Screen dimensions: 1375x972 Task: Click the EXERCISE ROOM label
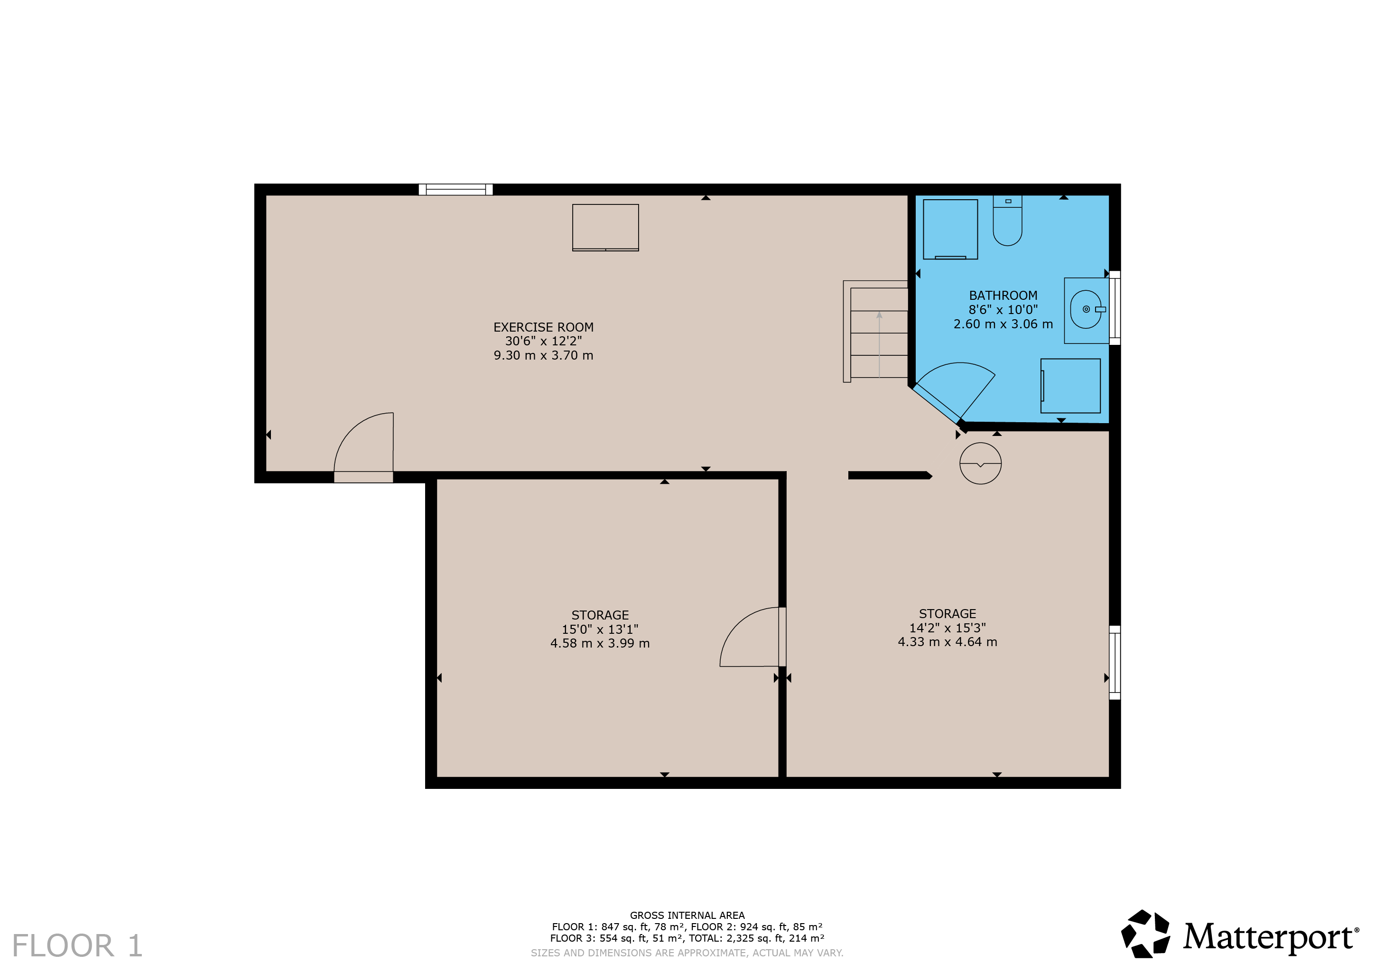(x=543, y=327)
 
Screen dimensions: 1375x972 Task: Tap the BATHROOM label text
(x=1003, y=295)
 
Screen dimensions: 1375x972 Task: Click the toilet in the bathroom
(x=1007, y=221)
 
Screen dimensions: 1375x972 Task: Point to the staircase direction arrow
(x=879, y=344)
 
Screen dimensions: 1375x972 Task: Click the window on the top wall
(x=455, y=190)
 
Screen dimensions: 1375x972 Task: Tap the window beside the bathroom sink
(x=1115, y=308)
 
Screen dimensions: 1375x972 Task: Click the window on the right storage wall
(x=1115, y=662)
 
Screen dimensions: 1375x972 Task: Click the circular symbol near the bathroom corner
(x=980, y=463)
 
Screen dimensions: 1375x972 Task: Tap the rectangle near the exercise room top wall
(x=605, y=228)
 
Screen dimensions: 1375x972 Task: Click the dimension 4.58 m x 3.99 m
(x=600, y=643)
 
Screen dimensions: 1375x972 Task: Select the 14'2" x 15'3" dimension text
(x=948, y=628)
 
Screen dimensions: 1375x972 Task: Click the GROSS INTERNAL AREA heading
(x=687, y=915)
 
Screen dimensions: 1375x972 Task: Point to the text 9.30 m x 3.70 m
(x=543, y=355)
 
